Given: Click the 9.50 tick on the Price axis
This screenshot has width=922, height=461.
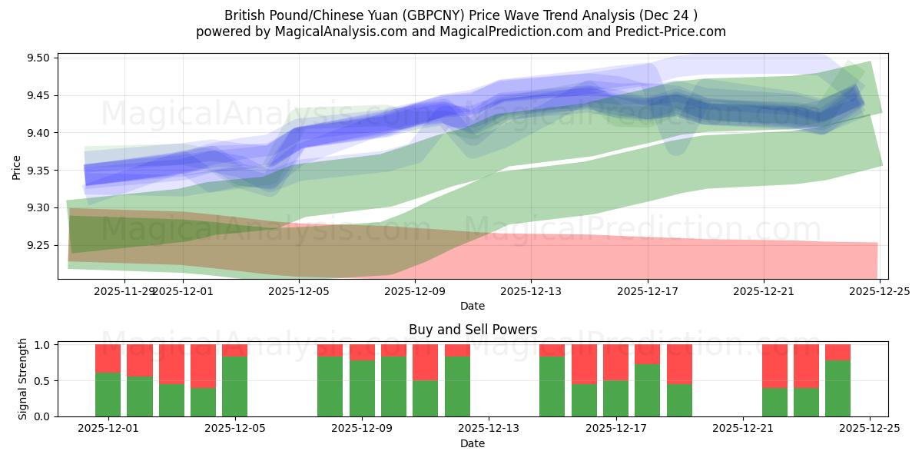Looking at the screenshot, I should click(x=38, y=58).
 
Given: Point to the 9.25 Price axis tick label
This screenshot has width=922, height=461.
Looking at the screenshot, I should click(x=38, y=246).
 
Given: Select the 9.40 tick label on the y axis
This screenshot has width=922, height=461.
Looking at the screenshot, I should click(x=38, y=134).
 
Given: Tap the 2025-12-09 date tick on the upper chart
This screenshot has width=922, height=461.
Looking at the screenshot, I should click(x=415, y=291).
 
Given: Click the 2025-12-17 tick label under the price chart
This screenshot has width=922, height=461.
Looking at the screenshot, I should click(x=647, y=291).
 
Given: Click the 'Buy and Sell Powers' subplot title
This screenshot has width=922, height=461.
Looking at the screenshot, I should click(x=473, y=330).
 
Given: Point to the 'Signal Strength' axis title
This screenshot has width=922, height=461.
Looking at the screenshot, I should click(x=23, y=379).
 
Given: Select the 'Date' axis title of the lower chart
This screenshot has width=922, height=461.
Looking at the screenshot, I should click(x=473, y=443).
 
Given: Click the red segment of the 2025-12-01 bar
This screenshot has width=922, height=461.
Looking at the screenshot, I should click(x=108, y=358).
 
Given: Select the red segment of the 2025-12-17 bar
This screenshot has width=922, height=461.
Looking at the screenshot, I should click(x=615, y=362).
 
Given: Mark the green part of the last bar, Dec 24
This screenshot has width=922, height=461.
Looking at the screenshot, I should click(x=837, y=388).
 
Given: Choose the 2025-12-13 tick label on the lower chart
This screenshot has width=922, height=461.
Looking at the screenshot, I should click(x=489, y=429).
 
